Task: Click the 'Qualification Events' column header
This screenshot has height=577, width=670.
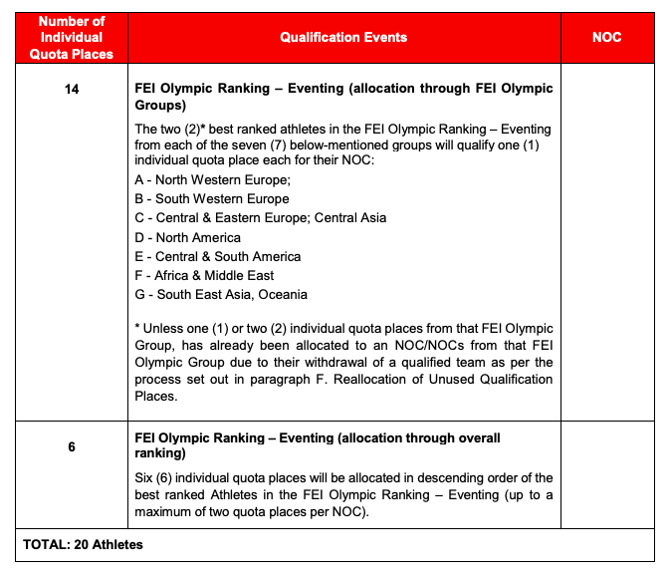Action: coord(342,37)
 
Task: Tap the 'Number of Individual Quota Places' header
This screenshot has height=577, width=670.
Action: coord(71,37)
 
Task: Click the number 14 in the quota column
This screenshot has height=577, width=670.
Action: coord(71,89)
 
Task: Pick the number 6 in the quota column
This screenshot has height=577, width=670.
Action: coord(71,447)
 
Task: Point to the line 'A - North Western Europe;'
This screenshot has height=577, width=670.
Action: coord(211,180)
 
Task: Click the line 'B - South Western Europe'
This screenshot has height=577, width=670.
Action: coord(211,199)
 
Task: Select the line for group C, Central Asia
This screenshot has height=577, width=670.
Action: coord(260,218)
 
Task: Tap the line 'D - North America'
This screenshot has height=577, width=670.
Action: coord(187,237)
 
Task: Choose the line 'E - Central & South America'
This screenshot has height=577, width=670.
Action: coord(217,256)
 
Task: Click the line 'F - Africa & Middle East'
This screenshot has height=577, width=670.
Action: coord(204,275)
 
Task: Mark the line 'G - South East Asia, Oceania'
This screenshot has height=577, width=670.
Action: coord(220,294)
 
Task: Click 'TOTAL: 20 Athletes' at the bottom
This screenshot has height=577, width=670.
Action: coord(84,544)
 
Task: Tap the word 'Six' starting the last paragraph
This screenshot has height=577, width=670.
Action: coord(144,478)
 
